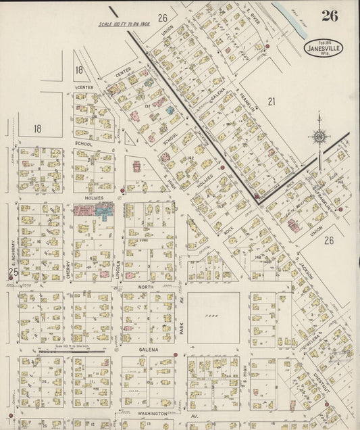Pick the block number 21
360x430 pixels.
click(x=272, y=101)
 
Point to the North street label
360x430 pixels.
click(x=148, y=287)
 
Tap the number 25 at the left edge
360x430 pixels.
click(x=12, y=272)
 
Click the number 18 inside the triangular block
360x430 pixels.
click(x=79, y=70)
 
